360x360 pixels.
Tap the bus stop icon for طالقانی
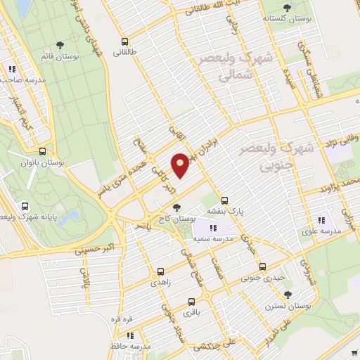coord(124,41)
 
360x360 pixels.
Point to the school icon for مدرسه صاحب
coord(12,69)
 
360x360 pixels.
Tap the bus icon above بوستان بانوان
coord(43,151)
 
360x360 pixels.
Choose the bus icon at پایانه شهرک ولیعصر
coord(26,206)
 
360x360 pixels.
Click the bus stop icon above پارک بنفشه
coord(224,199)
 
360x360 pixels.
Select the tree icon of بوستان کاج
coord(176,207)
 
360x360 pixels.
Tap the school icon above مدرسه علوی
coord(321,219)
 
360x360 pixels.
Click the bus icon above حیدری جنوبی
coord(262,266)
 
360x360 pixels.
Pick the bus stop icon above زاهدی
coord(160,271)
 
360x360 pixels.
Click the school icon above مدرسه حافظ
coord(129,337)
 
